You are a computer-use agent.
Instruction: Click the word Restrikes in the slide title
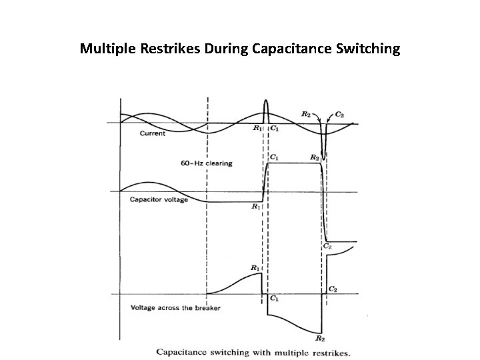click(x=155, y=49)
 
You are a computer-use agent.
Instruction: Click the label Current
click(x=153, y=134)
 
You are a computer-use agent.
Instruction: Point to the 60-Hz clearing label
click(x=206, y=163)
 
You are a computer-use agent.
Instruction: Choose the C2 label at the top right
click(x=339, y=115)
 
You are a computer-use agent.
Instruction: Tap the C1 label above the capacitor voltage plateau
click(x=273, y=157)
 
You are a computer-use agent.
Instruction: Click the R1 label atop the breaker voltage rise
click(x=255, y=268)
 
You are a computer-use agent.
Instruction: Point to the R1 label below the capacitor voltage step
click(x=255, y=207)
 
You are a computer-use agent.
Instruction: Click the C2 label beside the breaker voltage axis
click(x=333, y=289)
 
